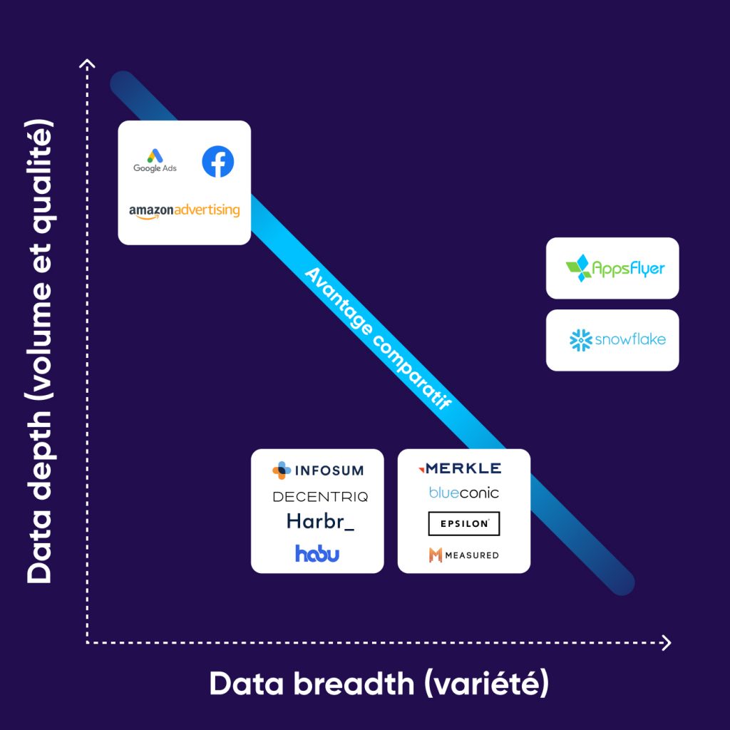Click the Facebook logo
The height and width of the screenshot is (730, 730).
click(x=217, y=162)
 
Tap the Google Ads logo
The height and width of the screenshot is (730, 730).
click(x=155, y=160)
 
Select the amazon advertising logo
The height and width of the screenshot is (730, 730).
click(x=184, y=211)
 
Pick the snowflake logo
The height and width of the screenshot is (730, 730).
click(x=617, y=340)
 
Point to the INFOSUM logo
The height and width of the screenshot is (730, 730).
click(x=318, y=471)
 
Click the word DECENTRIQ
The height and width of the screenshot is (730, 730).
click(x=320, y=496)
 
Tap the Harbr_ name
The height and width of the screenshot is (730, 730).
click(x=320, y=522)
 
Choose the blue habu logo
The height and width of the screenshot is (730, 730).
click(x=317, y=553)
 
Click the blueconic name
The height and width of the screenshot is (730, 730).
click(x=464, y=493)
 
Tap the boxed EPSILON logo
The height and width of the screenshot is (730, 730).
click(x=464, y=523)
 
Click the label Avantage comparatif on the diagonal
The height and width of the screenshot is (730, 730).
click(x=378, y=338)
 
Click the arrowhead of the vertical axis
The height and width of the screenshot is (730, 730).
click(x=87, y=65)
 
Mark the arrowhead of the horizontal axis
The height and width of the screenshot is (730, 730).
click(x=666, y=643)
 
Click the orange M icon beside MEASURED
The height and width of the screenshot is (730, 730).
click(x=435, y=555)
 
